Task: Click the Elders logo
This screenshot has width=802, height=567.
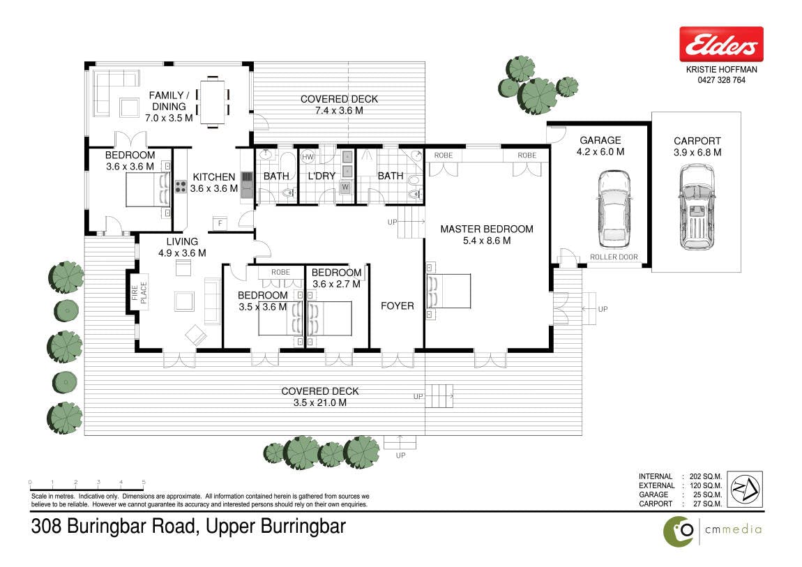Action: (721, 44)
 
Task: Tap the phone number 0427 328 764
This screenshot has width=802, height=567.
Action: (721, 80)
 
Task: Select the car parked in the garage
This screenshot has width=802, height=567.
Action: (614, 210)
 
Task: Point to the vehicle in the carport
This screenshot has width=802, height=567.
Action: (696, 207)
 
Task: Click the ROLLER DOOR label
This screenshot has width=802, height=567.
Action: (614, 257)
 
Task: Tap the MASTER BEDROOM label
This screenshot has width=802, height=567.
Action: (487, 229)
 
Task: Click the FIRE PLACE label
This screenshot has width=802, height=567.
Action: (139, 293)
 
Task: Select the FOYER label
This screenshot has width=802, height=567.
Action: (398, 305)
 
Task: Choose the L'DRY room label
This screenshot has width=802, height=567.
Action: (321, 176)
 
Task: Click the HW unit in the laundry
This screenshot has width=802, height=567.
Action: (308, 157)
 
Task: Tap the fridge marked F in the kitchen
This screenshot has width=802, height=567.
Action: (220, 223)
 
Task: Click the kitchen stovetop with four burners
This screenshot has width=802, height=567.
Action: (181, 187)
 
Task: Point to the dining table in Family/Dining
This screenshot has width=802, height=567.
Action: (212, 101)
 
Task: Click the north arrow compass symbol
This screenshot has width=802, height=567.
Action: (746, 490)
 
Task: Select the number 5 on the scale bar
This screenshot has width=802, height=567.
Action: (144, 482)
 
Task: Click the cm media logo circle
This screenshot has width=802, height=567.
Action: (679, 531)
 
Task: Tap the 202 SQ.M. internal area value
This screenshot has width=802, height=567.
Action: (706, 476)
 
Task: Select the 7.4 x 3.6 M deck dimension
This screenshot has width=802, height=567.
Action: (339, 110)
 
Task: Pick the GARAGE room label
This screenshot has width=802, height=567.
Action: (600, 140)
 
